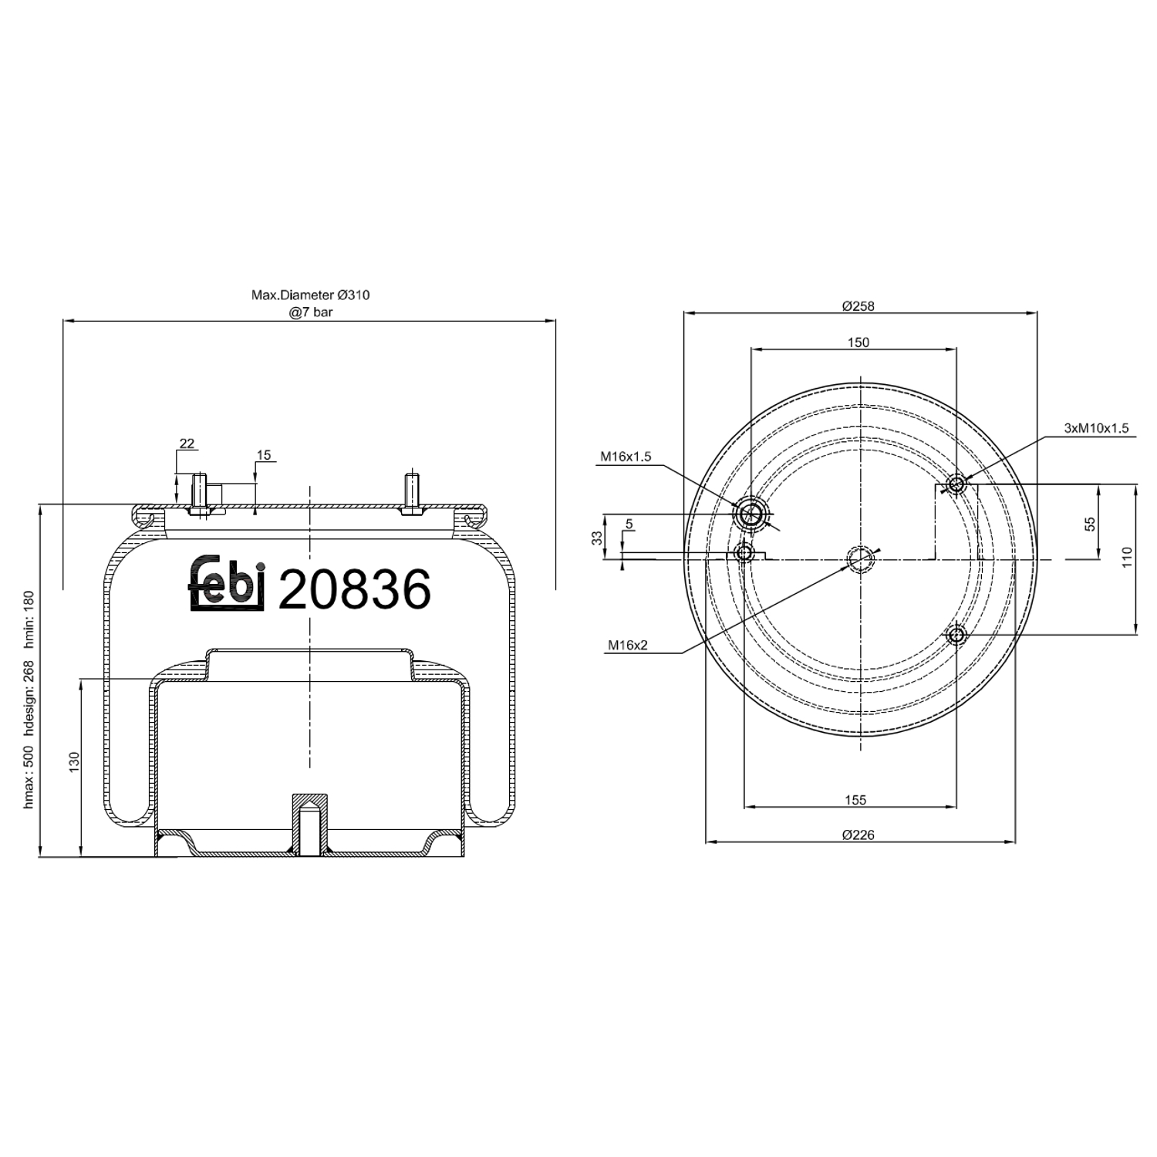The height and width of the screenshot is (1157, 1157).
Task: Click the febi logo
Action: pyautogui.click(x=227, y=583)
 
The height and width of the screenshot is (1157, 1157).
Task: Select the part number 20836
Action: pyautogui.click(x=354, y=590)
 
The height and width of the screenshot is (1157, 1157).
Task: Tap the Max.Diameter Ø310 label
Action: pyautogui.click(x=310, y=295)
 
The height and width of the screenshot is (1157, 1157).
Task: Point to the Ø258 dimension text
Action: pyautogui.click(x=858, y=305)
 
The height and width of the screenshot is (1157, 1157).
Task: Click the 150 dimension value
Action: pyautogui.click(x=858, y=342)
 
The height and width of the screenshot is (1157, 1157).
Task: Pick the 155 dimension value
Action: pyautogui.click(x=855, y=800)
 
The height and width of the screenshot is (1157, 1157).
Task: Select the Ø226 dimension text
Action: pyautogui.click(x=858, y=835)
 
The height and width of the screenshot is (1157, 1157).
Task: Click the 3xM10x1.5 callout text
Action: pyautogui.click(x=1095, y=428)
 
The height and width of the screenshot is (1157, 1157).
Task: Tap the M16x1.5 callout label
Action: pyautogui.click(x=626, y=457)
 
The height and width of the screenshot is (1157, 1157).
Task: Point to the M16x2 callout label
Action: pyautogui.click(x=627, y=645)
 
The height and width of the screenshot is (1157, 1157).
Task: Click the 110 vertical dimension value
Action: pyautogui.click(x=1127, y=557)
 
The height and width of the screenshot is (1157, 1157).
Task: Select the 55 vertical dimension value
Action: pyautogui.click(x=1090, y=524)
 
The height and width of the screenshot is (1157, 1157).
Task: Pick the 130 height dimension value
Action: pyautogui.click(x=74, y=761)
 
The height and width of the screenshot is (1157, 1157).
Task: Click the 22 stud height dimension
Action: pyautogui.click(x=187, y=444)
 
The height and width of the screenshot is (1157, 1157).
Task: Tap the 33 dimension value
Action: pyautogui.click(x=597, y=538)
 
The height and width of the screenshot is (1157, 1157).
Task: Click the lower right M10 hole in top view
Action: pyautogui.click(x=956, y=636)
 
